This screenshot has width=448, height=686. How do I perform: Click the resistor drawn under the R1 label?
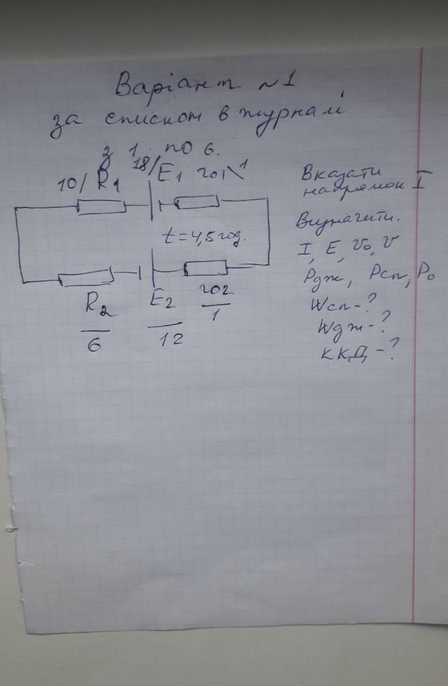[101, 206]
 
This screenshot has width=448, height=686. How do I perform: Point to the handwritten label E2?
[163, 301]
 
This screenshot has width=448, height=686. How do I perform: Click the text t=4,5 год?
[202, 238]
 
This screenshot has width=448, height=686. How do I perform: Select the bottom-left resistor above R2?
[85, 278]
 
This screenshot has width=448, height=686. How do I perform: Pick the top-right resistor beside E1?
[197, 202]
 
